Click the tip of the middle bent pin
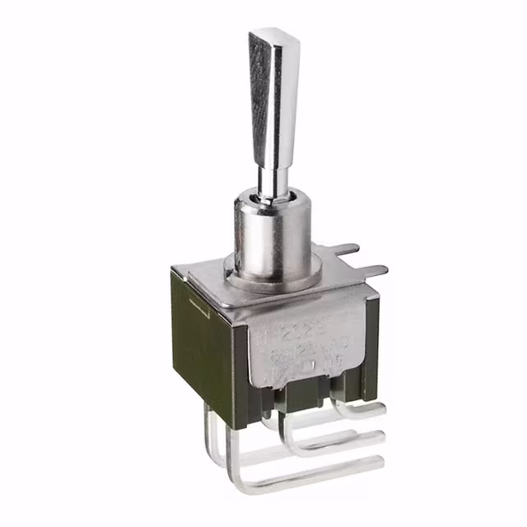pyautogui.click(x=380, y=436)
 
